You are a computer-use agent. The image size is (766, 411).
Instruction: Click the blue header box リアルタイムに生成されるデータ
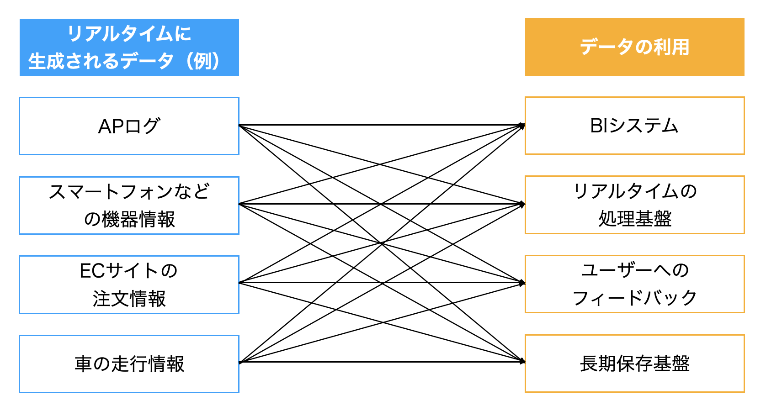(129, 47)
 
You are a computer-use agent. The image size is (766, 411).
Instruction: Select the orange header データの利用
(634, 47)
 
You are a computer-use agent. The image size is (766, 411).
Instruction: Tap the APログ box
(129, 126)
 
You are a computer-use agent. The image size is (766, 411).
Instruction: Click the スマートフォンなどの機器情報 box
(129, 205)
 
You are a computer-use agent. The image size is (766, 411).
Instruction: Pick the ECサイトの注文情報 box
(129, 285)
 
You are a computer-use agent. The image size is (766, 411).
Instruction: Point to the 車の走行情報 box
(129, 364)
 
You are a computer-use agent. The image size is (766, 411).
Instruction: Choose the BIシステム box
(634, 126)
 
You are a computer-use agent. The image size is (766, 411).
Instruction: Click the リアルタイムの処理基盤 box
(634, 205)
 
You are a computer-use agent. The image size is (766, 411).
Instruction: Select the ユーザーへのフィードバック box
(634, 284)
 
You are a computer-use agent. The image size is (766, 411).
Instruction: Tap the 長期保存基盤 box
(634, 364)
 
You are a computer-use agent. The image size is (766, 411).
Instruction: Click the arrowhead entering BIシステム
(522, 125)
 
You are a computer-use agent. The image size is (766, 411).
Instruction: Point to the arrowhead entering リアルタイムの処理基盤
(522, 204)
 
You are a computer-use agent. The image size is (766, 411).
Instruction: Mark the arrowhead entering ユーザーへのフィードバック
(522, 283)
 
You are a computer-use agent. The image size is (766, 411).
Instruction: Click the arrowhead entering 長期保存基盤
(522, 362)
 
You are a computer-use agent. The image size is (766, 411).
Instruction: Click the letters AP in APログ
(110, 126)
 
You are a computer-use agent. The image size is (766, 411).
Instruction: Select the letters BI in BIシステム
(599, 126)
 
